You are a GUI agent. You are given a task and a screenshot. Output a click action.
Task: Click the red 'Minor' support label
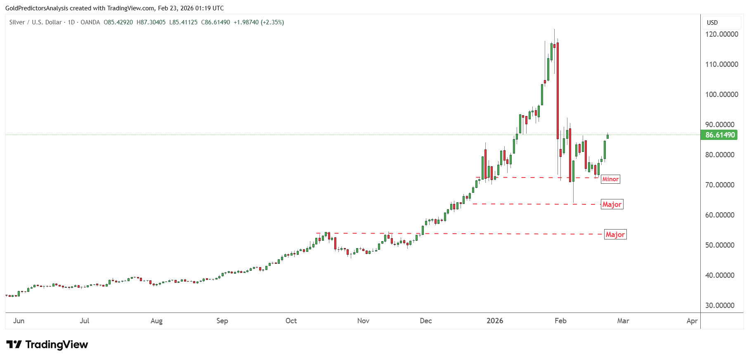coord(610,179)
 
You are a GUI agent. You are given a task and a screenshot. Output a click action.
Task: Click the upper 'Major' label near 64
coord(612,204)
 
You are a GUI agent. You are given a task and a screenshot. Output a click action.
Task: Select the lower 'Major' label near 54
coord(615,234)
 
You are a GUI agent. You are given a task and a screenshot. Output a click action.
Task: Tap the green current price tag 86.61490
coord(720,135)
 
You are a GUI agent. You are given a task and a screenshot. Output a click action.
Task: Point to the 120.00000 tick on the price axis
coord(721,34)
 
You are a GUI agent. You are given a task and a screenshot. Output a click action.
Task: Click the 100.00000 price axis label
coord(721,95)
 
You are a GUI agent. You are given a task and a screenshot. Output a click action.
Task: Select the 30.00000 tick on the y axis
coord(720,306)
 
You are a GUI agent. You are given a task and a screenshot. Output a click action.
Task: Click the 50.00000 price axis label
coord(720,245)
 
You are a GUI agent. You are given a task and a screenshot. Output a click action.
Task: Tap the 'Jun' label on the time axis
coord(19,321)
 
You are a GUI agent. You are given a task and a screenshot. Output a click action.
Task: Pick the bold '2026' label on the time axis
coord(495,321)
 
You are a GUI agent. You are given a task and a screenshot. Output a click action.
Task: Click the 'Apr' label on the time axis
coord(692,321)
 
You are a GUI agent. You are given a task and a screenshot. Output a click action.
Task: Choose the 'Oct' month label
coord(291,321)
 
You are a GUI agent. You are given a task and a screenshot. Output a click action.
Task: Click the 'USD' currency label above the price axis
coord(712,23)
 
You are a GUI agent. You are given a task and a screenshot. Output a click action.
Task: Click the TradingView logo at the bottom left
coord(47,344)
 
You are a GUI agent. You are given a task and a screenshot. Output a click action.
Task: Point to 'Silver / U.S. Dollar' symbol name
coord(35,22)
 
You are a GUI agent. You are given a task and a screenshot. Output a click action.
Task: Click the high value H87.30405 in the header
coord(151,22)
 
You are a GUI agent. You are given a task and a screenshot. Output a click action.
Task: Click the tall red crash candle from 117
coord(558,91)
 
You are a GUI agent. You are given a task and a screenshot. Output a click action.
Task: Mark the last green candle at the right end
coord(607,136)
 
